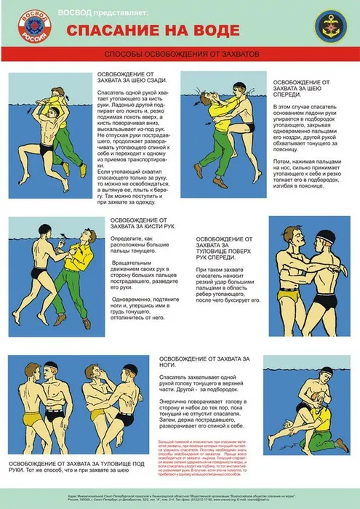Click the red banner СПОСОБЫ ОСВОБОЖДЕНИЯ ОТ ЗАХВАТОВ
click(181, 55)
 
